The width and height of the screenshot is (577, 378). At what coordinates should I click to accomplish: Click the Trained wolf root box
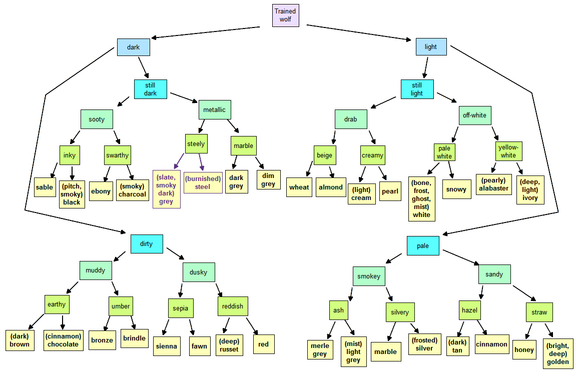[x=286, y=15]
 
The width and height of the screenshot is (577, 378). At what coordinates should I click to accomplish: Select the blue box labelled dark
[x=134, y=47]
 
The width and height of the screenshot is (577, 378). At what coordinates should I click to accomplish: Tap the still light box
[x=417, y=89]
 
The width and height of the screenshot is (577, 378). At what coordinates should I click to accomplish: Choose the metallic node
[x=215, y=109]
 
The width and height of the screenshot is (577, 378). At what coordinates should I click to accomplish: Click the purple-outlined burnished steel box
[x=203, y=182]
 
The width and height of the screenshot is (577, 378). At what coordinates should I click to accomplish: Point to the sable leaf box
[x=45, y=187]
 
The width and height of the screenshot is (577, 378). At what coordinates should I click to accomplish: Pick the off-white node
[x=475, y=115]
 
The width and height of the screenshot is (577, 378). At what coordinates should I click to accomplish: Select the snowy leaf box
[x=456, y=189]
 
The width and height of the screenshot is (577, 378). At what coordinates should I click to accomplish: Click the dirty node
[x=147, y=244]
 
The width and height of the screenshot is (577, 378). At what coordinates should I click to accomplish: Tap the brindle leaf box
[x=135, y=338]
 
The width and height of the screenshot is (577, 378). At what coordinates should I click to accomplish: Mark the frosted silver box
[x=425, y=344]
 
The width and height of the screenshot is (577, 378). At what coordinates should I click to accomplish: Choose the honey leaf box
[x=524, y=349]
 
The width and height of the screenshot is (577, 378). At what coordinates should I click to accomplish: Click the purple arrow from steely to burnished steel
[x=201, y=162]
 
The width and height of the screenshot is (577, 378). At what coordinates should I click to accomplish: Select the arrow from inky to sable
[x=54, y=170]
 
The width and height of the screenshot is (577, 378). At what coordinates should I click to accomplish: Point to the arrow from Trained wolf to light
[x=359, y=32]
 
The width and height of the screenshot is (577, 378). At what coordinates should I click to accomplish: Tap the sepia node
[x=181, y=308]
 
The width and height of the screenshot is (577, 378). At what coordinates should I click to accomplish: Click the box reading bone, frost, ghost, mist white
[x=422, y=199]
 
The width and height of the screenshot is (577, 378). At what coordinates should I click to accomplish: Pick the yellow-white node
[x=508, y=151]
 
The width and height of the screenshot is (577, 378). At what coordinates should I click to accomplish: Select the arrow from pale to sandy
[x=461, y=257]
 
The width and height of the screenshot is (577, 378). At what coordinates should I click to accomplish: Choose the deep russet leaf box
[x=229, y=345]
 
